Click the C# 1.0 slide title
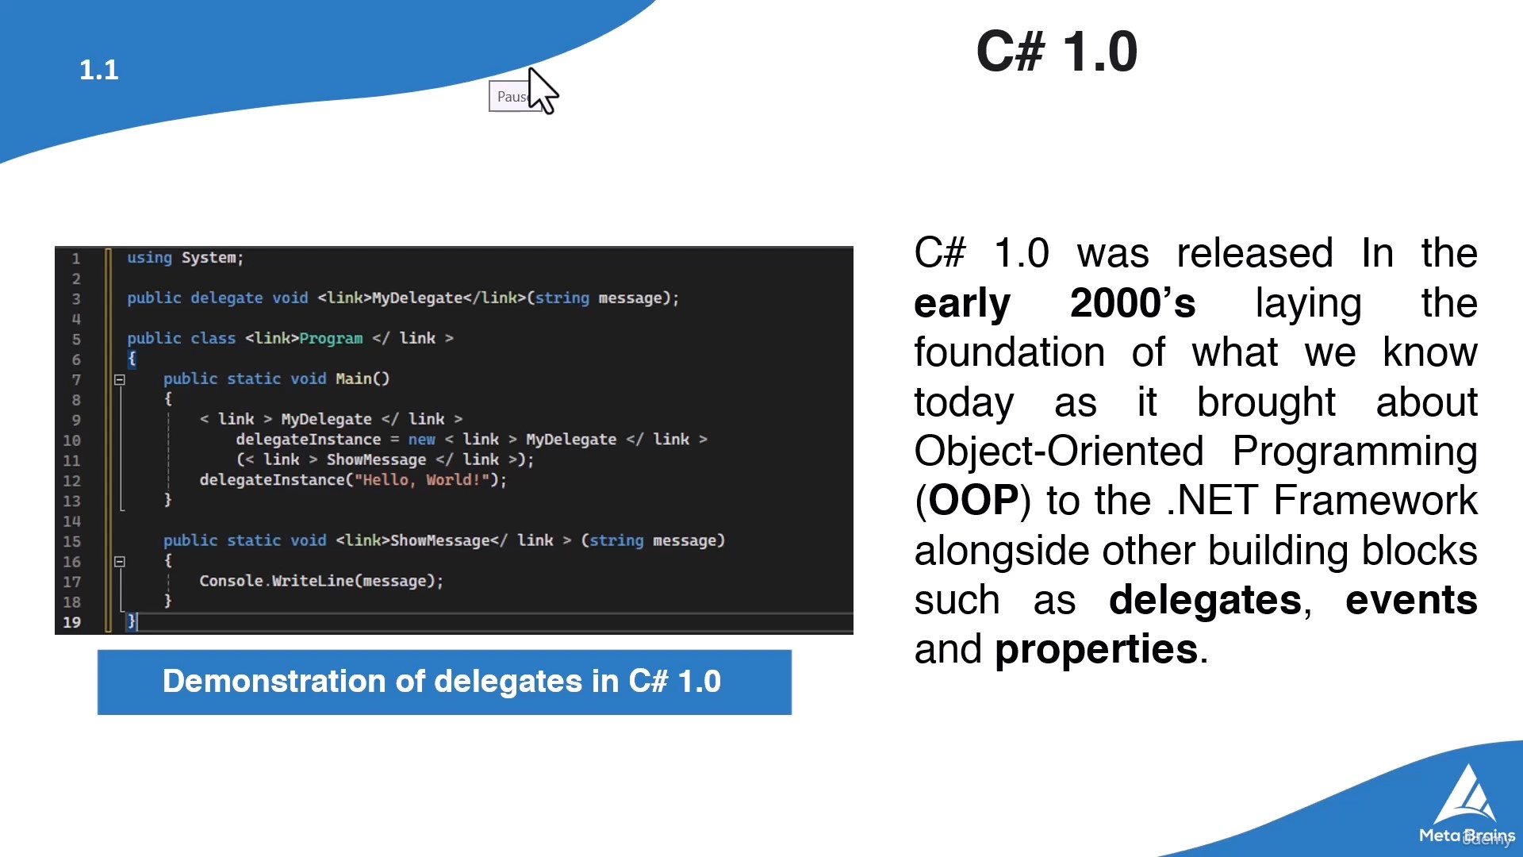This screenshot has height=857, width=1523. (1057, 52)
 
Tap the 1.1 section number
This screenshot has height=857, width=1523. (99, 70)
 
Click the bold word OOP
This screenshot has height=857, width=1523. (973, 501)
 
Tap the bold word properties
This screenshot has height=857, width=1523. (1096, 650)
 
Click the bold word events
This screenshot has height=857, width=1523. (1411, 600)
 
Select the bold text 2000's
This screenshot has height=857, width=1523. (1133, 303)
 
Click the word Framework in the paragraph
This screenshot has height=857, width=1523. (1375, 501)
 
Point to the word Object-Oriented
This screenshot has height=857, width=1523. (1059, 452)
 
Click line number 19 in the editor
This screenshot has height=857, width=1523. (71, 622)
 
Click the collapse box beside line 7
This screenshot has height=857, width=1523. (120, 380)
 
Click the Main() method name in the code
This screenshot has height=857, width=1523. (363, 379)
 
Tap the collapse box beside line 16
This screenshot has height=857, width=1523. (120, 562)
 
